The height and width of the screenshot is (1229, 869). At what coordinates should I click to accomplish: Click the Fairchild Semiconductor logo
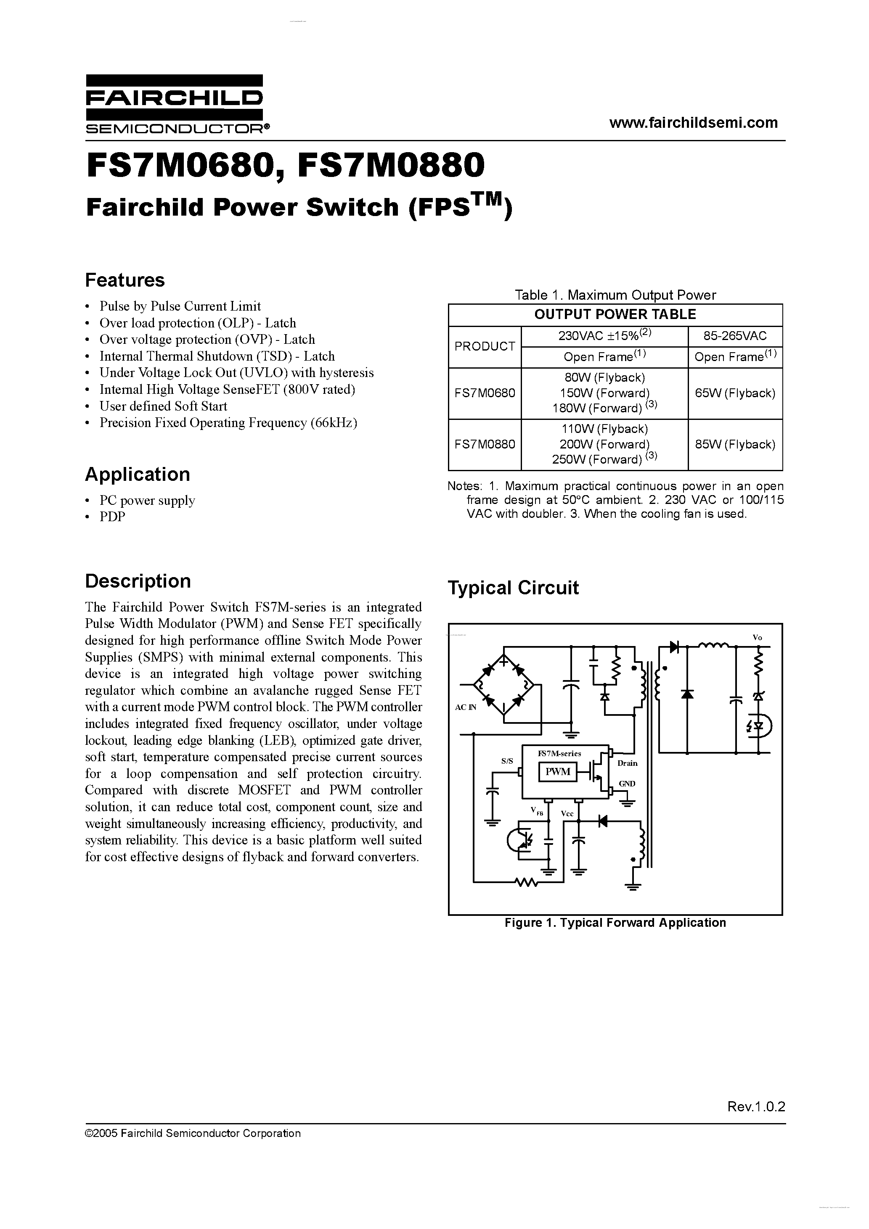[x=175, y=104]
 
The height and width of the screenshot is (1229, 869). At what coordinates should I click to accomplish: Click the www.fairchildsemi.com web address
[x=693, y=123]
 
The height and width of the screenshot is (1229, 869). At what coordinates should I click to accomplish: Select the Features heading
[x=125, y=280]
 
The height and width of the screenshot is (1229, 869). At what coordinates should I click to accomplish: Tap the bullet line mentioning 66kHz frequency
[x=228, y=423]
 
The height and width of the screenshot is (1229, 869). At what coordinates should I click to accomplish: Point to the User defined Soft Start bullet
[x=163, y=406]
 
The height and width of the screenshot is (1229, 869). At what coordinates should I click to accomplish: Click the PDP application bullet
[x=112, y=517]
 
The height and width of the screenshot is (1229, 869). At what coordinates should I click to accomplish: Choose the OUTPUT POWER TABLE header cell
[x=615, y=315]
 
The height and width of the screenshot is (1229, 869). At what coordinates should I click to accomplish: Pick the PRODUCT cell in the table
[x=484, y=346]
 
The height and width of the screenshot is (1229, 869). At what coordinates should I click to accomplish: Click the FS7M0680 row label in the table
[x=484, y=393]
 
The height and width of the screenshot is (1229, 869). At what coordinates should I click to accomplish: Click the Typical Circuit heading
[x=513, y=588]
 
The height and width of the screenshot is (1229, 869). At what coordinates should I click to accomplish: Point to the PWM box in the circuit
[x=557, y=772]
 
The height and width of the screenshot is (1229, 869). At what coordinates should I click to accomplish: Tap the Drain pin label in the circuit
[x=628, y=763]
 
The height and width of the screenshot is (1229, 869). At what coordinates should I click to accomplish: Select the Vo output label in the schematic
[x=757, y=638]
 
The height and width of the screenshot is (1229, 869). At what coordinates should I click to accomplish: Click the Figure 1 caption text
[x=615, y=923]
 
